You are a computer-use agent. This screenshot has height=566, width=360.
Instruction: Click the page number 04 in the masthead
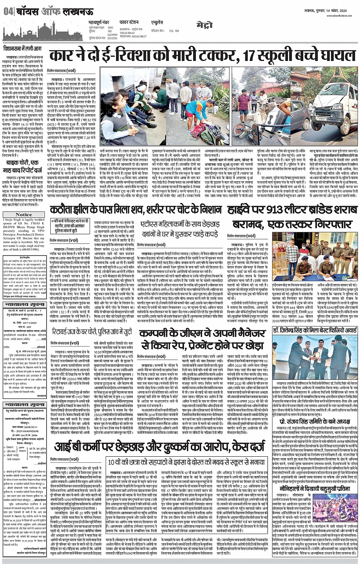click(x=8, y=11)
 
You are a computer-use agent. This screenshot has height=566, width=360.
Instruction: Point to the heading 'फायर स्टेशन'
click(x=129, y=22)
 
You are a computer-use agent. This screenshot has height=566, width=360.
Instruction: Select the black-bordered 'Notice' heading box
click(x=24, y=214)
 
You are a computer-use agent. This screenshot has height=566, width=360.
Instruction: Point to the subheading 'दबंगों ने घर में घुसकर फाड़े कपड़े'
click(x=180, y=234)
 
